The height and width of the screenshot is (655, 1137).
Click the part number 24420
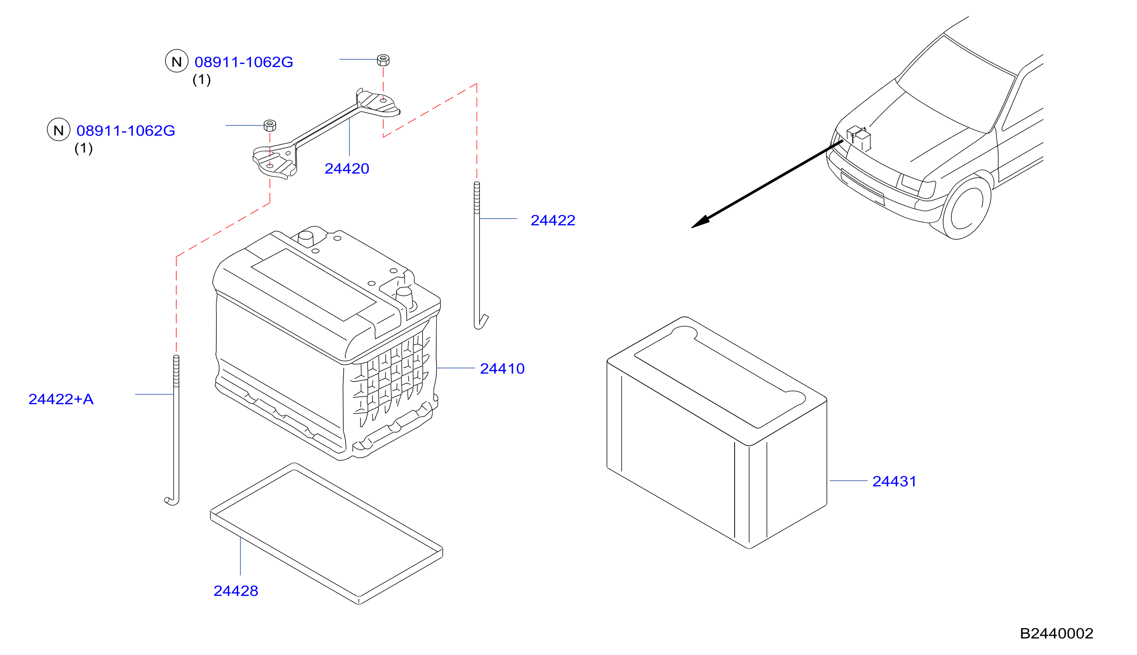coord(347,169)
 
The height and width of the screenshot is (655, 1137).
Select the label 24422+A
coord(61,399)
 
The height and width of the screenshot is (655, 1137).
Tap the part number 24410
coord(502,369)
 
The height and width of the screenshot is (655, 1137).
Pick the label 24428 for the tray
coord(236,591)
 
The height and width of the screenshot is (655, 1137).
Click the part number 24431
coord(894,482)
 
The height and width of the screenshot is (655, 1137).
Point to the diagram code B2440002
coord(1057,633)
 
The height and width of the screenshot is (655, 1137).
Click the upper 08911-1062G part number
coord(243,62)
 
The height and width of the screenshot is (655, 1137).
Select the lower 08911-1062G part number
coord(125,131)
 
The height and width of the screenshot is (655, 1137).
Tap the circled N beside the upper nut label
coord(176,61)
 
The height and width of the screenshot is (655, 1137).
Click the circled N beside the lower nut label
coord(58,130)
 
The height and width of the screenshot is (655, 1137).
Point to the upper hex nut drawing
coord(383,60)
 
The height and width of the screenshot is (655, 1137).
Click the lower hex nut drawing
coord(269,125)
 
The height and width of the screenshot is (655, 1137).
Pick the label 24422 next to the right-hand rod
coord(553,220)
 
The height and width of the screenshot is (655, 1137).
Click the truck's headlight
coord(918,184)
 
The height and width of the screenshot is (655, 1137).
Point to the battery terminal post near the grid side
coord(404,297)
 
